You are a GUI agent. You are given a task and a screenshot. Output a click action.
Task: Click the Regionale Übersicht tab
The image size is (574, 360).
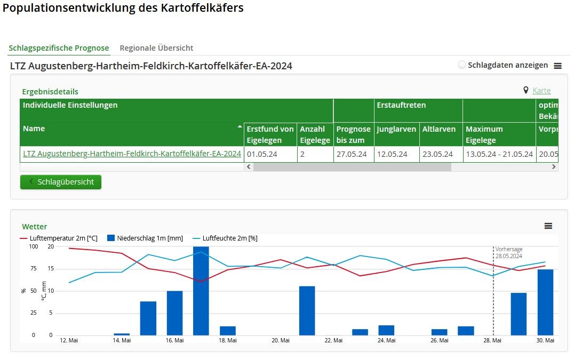pyautogui.click(x=156, y=48)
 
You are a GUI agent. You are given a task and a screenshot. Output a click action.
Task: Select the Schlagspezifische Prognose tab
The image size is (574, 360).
pyautogui.click(x=59, y=48)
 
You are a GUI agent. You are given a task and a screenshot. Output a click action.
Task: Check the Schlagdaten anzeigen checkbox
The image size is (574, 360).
pyautogui.click(x=462, y=65)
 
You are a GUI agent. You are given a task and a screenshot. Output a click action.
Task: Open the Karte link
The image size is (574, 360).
pyautogui.click(x=541, y=90)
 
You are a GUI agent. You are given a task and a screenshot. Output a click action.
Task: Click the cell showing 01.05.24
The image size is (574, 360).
pyautogui.click(x=262, y=154)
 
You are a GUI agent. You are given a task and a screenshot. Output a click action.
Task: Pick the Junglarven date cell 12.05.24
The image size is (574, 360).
pyautogui.click(x=392, y=154)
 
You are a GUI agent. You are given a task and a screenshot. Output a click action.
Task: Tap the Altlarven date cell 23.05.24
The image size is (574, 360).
pyautogui.click(x=437, y=154)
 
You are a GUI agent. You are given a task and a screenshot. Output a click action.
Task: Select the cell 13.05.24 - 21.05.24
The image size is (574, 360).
pyautogui.click(x=499, y=154)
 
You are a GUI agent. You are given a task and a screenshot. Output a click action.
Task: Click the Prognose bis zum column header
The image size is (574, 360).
pyautogui.click(x=353, y=134)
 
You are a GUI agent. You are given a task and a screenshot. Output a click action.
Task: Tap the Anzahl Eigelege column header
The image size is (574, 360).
pyautogui.click(x=315, y=134)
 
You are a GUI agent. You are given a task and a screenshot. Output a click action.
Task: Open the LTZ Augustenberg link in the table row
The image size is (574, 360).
pyautogui.click(x=132, y=154)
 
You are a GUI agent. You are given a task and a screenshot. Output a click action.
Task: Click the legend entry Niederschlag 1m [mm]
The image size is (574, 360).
pyautogui.click(x=145, y=238)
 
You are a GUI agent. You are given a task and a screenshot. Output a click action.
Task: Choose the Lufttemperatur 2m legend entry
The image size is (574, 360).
pyautogui.click(x=59, y=238)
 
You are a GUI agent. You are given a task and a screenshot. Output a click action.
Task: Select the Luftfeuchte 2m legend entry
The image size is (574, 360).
pyautogui.click(x=225, y=238)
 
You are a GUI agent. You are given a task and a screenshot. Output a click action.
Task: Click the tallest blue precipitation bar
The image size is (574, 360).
pyautogui.click(x=201, y=291)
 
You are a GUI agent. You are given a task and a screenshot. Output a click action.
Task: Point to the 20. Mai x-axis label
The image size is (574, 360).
pyautogui.click(x=281, y=340)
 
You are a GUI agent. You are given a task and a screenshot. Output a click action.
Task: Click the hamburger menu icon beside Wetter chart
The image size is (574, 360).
pyautogui.click(x=548, y=226)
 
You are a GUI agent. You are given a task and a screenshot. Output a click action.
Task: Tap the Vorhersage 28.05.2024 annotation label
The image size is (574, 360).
pyautogui.click(x=509, y=252)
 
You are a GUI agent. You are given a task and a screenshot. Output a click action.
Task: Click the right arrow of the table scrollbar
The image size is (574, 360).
pyautogui.click(x=554, y=167)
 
